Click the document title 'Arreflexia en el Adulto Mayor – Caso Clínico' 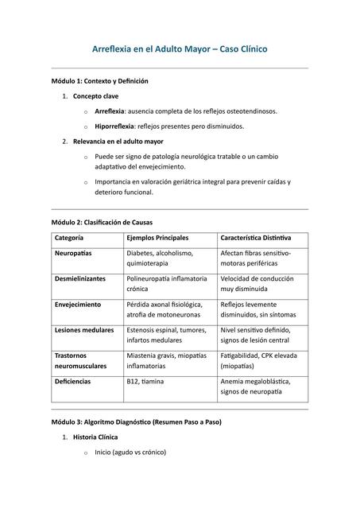pyautogui.click(x=180, y=49)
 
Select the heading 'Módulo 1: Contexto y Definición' pyautogui.click(x=100, y=81)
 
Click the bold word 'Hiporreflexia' pyautogui.click(x=118, y=126)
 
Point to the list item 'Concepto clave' pyautogui.click(x=96, y=96)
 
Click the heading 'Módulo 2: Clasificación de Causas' pyautogui.click(x=103, y=222)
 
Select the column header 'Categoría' pyautogui.click(x=69, y=238)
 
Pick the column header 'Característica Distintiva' pyautogui.click(x=256, y=238)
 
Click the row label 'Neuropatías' pyautogui.click(x=73, y=253)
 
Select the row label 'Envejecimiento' pyautogui.click(x=78, y=305)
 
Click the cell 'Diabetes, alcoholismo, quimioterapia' pyautogui.click(x=160, y=258)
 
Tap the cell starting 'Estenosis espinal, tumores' pyautogui.click(x=165, y=335)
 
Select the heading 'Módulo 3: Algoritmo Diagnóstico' pyautogui.click(x=137, y=421)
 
